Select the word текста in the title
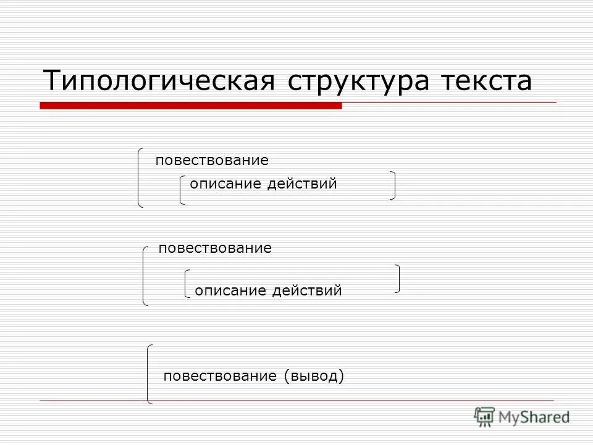point(486,81)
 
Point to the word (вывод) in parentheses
point(314,376)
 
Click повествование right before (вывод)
point(219,376)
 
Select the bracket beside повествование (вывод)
point(149,374)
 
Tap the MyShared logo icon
point(485,417)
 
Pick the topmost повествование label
point(212,161)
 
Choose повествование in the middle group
point(215,248)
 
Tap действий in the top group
point(302,184)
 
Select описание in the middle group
point(230,290)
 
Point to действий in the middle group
point(307,290)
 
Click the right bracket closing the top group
point(393,185)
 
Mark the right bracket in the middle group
point(397,278)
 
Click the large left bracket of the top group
point(140,177)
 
